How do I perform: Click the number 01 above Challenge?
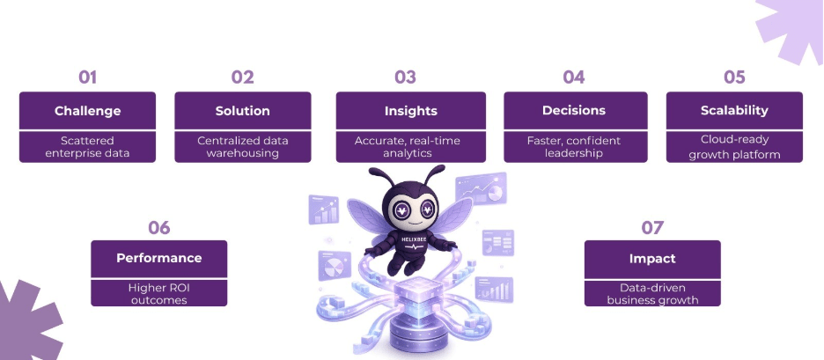pos(87,77)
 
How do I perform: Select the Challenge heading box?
pos(87,111)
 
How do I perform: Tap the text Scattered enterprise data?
pos(87,146)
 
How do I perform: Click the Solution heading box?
pos(242,111)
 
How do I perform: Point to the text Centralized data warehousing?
pos(242,146)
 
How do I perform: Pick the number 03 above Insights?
pos(405,77)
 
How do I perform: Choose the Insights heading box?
pos(410,111)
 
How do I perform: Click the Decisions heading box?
pos(575,111)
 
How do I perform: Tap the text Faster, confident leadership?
pos(575,146)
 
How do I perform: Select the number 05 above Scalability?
pos(734,77)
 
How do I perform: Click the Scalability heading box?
pos(734,111)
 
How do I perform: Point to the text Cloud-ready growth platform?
pos(734,146)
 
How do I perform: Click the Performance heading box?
pos(158,258)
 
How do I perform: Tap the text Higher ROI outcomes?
pos(158,293)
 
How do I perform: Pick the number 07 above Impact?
pos(651,228)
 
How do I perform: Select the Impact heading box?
pos(651,259)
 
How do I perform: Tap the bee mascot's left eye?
pos(401,210)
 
